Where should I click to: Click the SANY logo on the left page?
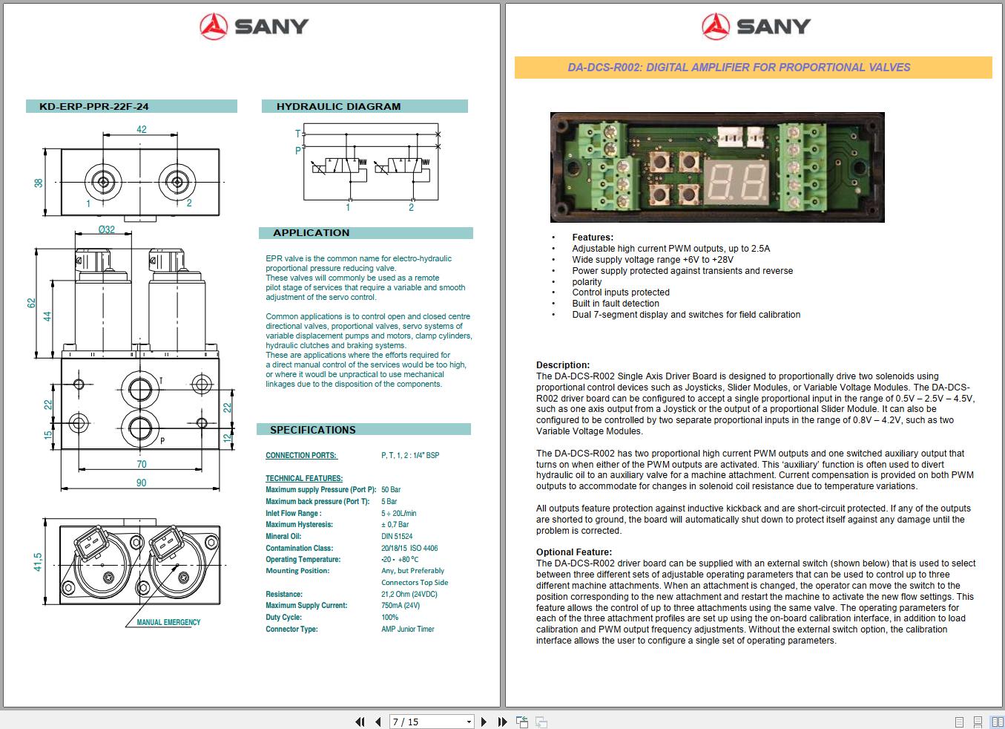pyautogui.click(x=254, y=27)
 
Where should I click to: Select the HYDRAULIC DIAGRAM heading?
pyautogui.click(x=338, y=106)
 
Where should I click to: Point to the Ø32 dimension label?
pyautogui.click(x=107, y=229)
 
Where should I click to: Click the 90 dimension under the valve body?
pyautogui.click(x=141, y=483)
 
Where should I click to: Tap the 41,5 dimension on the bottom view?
pyautogui.click(x=38, y=562)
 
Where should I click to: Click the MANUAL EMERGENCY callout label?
pyautogui.click(x=168, y=622)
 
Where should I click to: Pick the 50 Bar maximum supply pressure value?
pyautogui.click(x=391, y=490)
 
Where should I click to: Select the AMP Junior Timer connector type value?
pyautogui.click(x=408, y=629)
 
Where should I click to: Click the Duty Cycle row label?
pyautogui.click(x=283, y=617)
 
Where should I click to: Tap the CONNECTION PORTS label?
pyautogui.click(x=301, y=455)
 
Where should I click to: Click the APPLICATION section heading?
pyautogui.click(x=311, y=233)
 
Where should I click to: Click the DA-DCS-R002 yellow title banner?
pyautogui.click(x=739, y=68)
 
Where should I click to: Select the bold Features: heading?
pyautogui.click(x=593, y=238)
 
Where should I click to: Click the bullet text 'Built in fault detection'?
pyautogui.click(x=616, y=304)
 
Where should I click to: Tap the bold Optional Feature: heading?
pyautogui.click(x=574, y=552)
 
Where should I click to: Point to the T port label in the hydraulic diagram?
pyautogui.click(x=297, y=134)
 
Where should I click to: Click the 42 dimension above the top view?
pyautogui.click(x=141, y=129)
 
